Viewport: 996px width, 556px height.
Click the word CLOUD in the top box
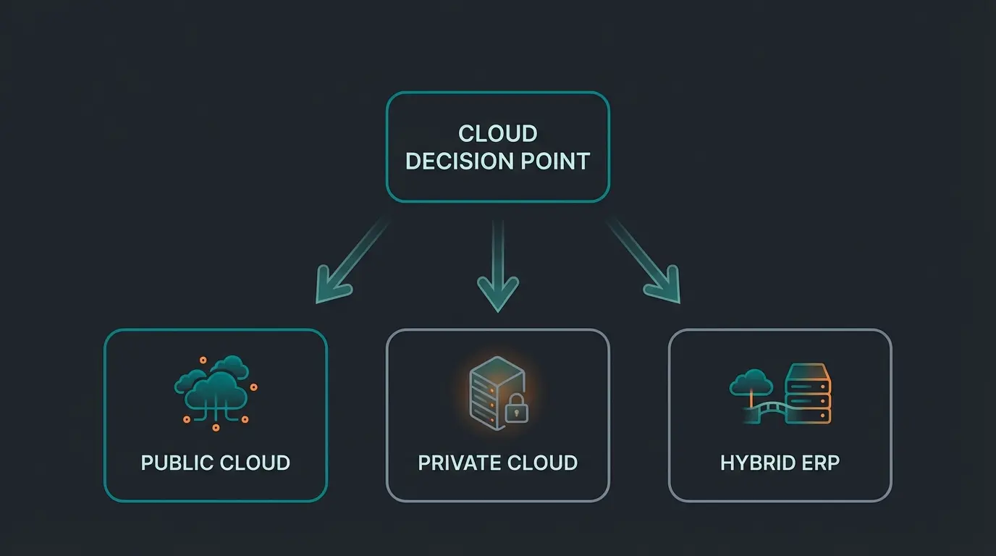(x=498, y=134)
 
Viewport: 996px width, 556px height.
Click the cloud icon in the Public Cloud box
(x=214, y=387)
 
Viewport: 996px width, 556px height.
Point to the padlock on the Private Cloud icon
(x=516, y=410)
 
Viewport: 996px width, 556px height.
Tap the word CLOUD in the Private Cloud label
(x=542, y=463)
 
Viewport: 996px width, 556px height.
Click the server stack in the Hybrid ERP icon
(x=809, y=394)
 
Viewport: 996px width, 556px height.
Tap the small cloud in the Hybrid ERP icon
(x=751, y=382)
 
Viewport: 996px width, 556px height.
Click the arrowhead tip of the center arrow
(x=498, y=308)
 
